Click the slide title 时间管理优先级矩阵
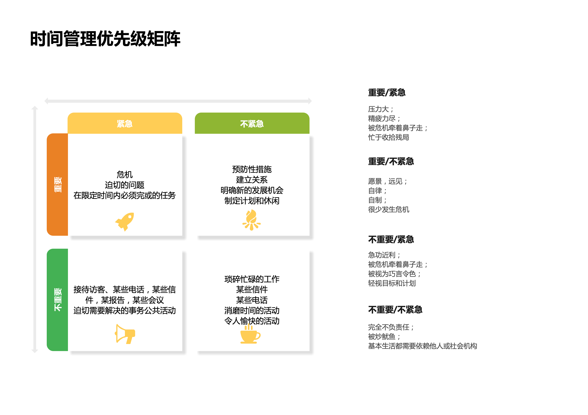point(105,39)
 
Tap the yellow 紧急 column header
point(125,123)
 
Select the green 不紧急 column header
point(252,123)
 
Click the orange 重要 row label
point(57,184)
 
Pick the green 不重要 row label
point(57,300)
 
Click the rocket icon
point(125,222)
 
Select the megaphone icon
point(125,334)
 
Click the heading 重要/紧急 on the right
point(387,92)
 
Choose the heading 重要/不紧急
point(391,161)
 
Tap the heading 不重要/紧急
point(391,239)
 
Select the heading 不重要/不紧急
point(395,310)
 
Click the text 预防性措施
point(252,169)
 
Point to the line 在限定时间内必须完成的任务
point(125,195)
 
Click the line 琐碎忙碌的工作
point(252,279)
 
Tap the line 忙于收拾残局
point(388,137)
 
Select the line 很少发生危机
point(388,209)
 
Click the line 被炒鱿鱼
point(384,337)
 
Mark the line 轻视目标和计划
point(392,283)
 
